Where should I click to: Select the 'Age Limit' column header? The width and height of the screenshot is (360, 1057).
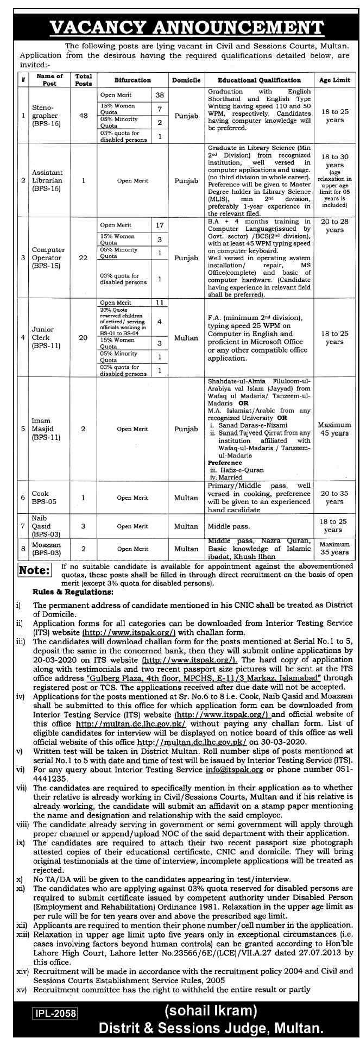click(x=334, y=80)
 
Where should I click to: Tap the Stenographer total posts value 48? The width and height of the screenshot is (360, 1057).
click(x=84, y=116)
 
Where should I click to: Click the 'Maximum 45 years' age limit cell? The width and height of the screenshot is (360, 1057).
click(x=334, y=429)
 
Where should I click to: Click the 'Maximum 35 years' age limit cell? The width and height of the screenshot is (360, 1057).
click(x=334, y=548)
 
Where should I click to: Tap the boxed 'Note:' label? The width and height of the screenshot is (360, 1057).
click(x=35, y=570)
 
